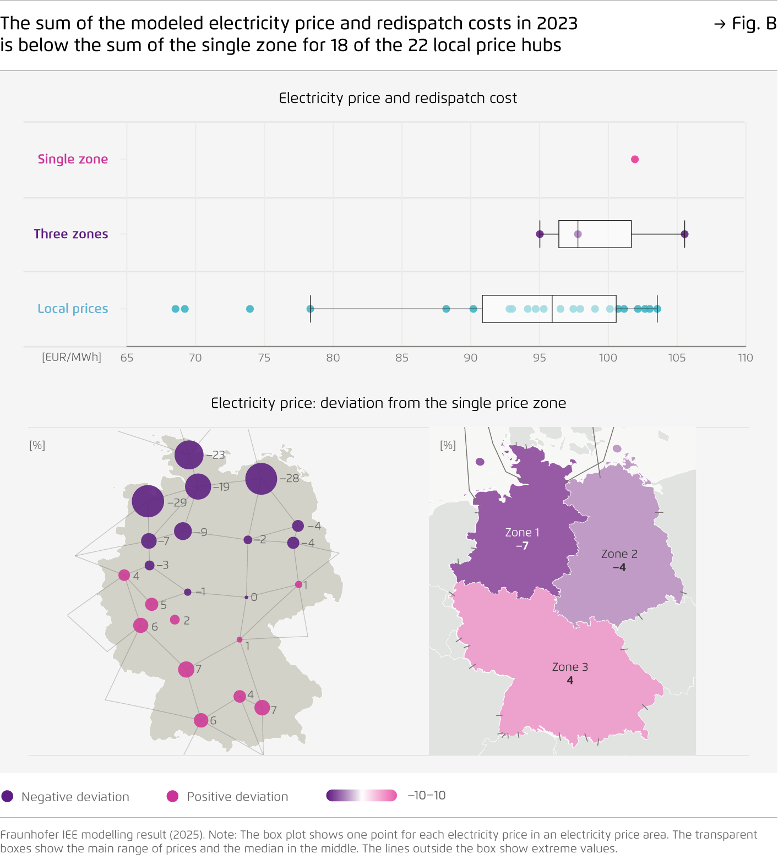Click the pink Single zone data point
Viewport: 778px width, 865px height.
click(x=634, y=160)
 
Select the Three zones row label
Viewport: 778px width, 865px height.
click(x=71, y=234)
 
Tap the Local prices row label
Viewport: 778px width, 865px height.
click(x=73, y=309)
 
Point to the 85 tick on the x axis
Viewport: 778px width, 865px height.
click(x=402, y=358)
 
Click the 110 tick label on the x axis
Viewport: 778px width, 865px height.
click(x=745, y=358)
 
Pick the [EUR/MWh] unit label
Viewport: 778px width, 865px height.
click(x=72, y=357)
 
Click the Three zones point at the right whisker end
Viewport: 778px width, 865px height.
click(x=684, y=234)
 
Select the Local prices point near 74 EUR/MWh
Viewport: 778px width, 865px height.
click(x=250, y=309)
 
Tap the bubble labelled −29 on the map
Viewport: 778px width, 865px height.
click(x=148, y=501)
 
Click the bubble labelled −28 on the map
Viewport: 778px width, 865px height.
click(x=261, y=479)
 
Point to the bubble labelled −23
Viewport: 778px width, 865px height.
click(x=189, y=455)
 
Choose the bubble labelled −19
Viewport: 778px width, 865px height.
click(x=198, y=486)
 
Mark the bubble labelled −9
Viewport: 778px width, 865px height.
click(x=183, y=531)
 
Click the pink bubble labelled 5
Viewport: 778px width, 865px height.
click(x=151, y=604)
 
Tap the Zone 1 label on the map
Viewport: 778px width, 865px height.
click(x=522, y=533)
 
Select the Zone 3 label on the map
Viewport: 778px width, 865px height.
click(x=570, y=667)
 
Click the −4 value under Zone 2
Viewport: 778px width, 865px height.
click(x=619, y=567)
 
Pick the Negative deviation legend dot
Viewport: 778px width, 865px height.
click(x=7, y=796)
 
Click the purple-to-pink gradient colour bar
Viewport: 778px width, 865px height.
click(x=361, y=796)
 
